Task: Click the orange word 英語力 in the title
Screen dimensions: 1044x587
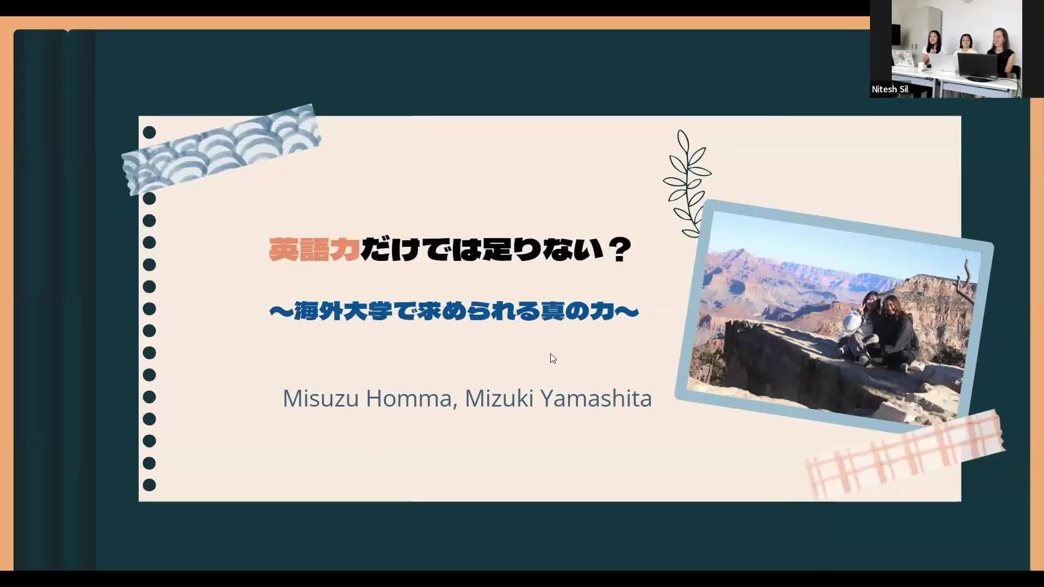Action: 314,250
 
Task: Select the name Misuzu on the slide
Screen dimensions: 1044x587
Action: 321,398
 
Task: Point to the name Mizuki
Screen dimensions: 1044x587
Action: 499,398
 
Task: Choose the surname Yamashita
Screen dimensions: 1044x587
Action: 596,398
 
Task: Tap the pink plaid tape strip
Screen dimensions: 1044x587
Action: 905,454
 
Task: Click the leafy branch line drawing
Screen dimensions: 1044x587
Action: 687,184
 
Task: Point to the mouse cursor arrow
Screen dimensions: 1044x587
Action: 553,358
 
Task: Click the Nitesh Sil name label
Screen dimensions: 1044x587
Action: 890,89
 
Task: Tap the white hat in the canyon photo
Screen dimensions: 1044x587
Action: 850,322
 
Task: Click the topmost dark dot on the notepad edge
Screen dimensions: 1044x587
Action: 149,133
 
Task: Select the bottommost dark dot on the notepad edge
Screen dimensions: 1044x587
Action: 149,485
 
